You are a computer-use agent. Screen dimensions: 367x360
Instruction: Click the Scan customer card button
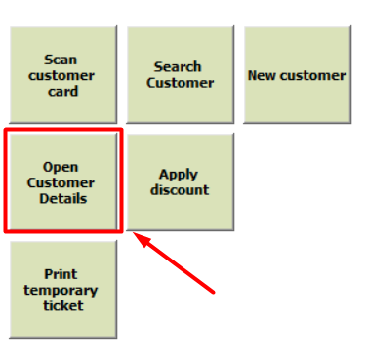(x=63, y=75)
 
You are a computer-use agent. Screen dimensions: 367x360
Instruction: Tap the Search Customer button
(x=181, y=75)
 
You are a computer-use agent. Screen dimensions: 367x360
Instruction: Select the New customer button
(x=298, y=75)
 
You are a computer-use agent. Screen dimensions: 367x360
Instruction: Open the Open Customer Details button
(x=63, y=181)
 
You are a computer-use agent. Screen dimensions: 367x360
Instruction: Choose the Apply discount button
(x=181, y=181)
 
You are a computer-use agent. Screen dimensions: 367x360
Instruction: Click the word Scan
(x=61, y=60)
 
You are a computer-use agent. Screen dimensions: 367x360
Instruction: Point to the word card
(x=63, y=91)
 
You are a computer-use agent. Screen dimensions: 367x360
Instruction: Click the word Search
(x=178, y=67)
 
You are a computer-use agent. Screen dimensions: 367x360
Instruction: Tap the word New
(x=263, y=75)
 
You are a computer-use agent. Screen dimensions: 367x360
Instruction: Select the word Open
(x=61, y=167)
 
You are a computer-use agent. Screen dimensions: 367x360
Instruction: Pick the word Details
(x=63, y=198)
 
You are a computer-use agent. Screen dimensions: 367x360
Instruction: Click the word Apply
(x=179, y=175)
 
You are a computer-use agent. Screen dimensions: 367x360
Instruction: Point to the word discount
(x=180, y=189)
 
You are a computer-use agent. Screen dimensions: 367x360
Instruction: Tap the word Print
(x=61, y=274)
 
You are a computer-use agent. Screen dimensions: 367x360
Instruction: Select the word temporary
(x=61, y=290)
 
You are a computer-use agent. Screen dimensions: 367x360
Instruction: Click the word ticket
(x=63, y=305)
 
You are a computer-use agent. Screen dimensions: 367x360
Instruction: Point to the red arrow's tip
(x=134, y=232)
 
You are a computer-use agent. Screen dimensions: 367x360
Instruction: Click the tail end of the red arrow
(x=214, y=293)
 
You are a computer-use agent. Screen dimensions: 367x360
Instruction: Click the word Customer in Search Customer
(x=181, y=83)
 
